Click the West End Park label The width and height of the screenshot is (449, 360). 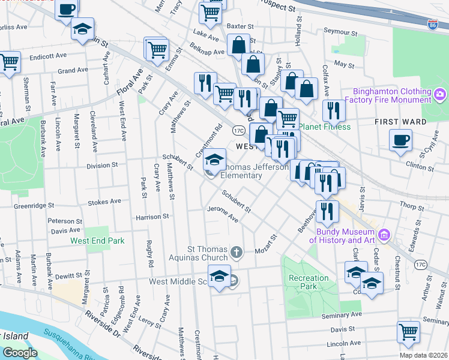pyautogui.click(x=97, y=241)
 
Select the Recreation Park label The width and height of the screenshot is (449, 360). pyautogui.click(x=309, y=282)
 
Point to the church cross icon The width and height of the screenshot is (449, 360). pyautogui.click(x=237, y=251)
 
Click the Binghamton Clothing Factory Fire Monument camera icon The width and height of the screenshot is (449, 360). pyautogui.click(x=440, y=94)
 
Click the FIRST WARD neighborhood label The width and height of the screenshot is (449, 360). pyautogui.click(x=400, y=121)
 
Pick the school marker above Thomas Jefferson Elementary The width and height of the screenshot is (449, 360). pyautogui.click(x=214, y=159)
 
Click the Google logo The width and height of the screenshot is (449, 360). pyautogui.click(x=20, y=353)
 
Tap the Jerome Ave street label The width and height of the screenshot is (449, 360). pyautogui.click(x=223, y=215)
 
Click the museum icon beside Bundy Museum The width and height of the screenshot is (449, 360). pyautogui.click(x=385, y=234)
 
